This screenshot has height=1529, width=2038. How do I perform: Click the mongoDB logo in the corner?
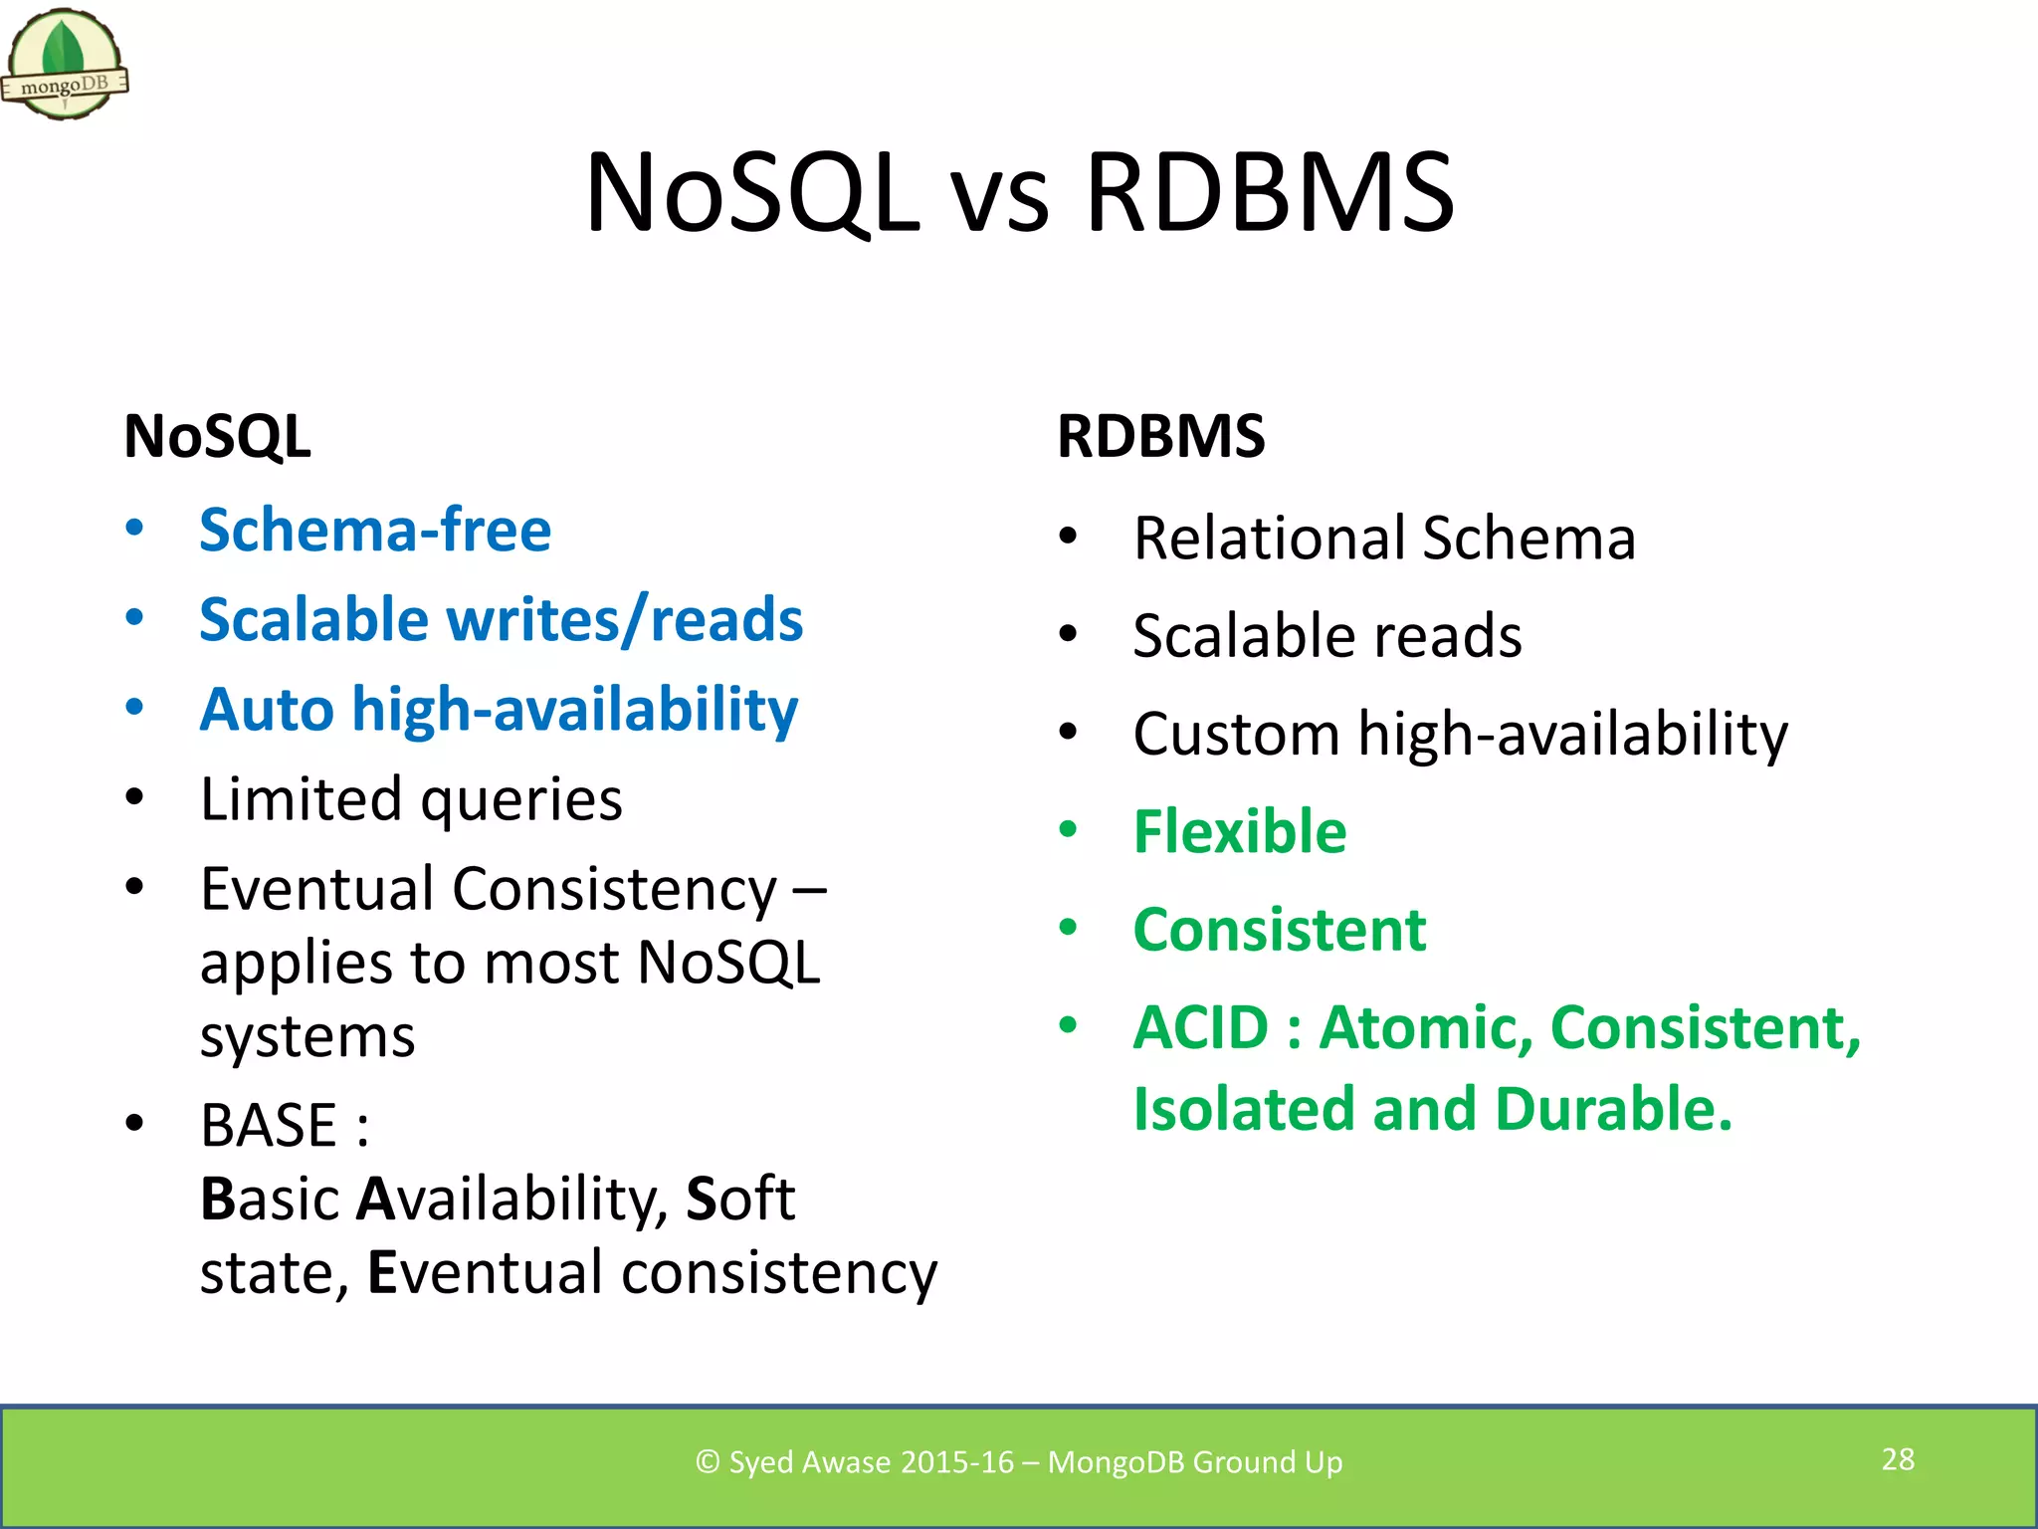[x=65, y=65]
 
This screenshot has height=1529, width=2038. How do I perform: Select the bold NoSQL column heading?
[x=217, y=436]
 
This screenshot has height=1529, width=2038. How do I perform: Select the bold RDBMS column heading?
[x=1160, y=436]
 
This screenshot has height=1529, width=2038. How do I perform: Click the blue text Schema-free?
[x=375, y=530]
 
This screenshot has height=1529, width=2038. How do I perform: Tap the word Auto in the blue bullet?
[x=266, y=710]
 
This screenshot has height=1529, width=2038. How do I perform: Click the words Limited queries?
[x=411, y=799]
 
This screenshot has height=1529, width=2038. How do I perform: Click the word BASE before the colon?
[x=269, y=1126]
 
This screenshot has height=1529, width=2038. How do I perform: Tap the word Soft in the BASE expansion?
[x=740, y=1199]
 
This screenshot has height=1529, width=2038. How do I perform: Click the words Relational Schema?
[x=1384, y=539]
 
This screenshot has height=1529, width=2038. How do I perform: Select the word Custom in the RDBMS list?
[x=1236, y=735]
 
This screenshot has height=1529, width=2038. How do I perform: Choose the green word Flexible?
[x=1240, y=832]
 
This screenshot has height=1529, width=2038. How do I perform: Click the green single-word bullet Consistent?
[x=1280, y=930]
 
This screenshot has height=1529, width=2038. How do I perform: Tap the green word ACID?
[x=1201, y=1027]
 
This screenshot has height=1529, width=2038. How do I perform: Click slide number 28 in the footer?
[x=1898, y=1459]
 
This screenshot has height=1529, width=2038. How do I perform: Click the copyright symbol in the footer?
[x=708, y=1462]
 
